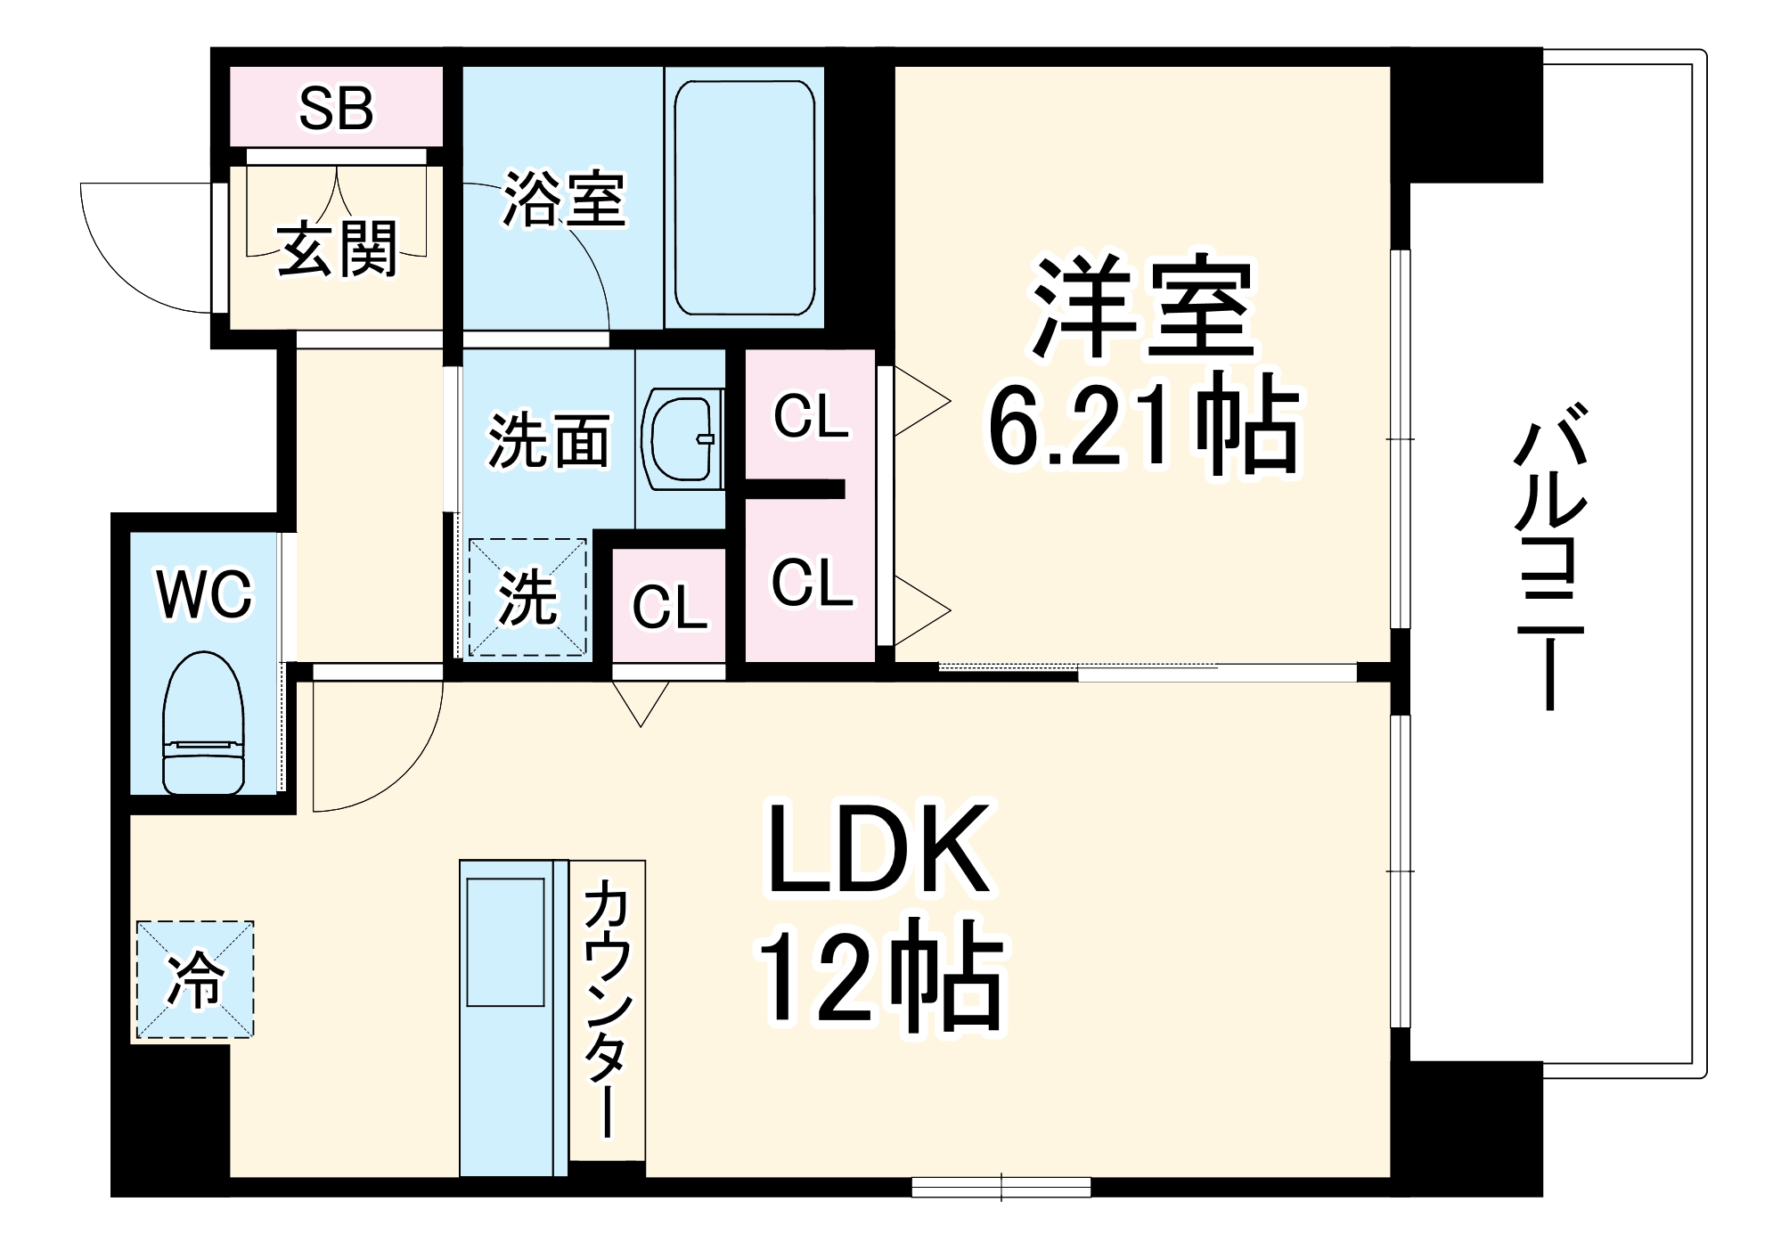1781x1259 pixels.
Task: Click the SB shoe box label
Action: coord(336,109)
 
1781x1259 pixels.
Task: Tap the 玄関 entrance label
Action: coord(338,249)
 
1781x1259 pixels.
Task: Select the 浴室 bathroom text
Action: coord(565,198)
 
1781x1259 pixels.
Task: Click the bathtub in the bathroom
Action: coord(745,198)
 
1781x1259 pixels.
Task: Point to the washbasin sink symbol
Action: coord(682,438)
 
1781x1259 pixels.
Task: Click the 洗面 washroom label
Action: coord(549,440)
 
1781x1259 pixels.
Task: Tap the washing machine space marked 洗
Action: coord(527,598)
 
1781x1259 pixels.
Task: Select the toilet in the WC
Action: coord(203,723)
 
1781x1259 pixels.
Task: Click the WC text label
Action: coord(205,595)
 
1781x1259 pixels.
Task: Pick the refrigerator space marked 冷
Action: coord(195,980)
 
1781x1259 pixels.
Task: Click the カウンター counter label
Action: coord(608,1009)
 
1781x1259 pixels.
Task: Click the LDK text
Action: coord(879,848)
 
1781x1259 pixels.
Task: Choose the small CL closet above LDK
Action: coord(669,606)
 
